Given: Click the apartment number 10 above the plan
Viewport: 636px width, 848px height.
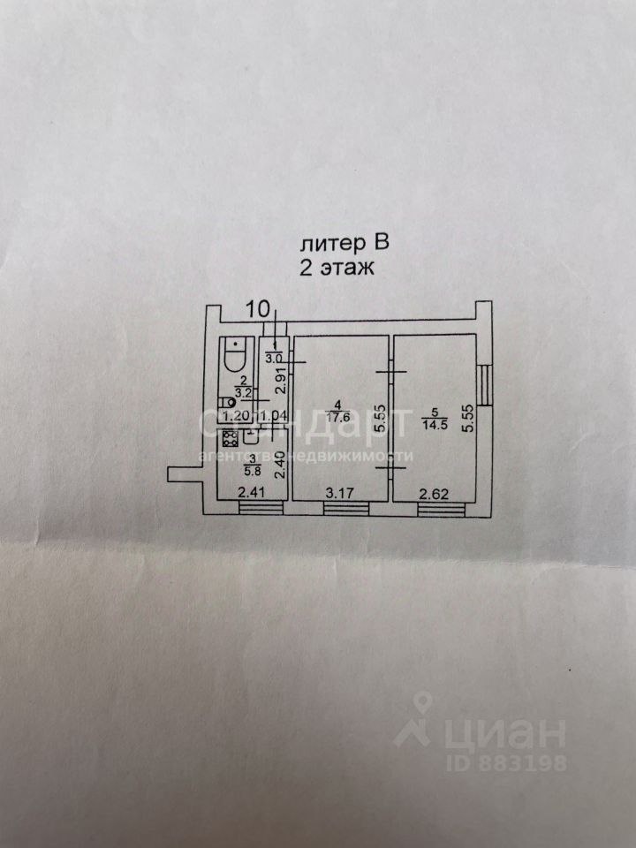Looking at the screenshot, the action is pyautogui.click(x=259, y=309).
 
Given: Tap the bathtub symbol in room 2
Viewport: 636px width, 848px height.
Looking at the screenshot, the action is pyautogui.click(x=235, y=355).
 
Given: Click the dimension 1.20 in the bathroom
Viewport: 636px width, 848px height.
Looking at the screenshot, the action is pyautogui.click(x=234, y=415).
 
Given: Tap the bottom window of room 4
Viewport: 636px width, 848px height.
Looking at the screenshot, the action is pyautogui.click(x=341, y=507).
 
